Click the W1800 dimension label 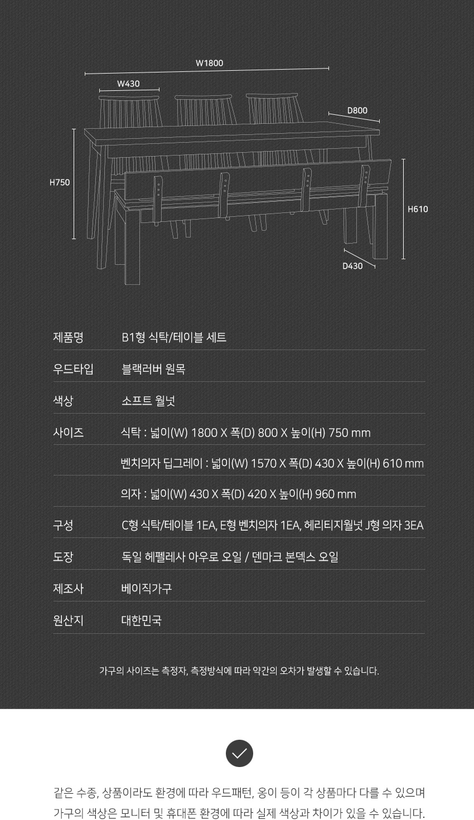(209, 63)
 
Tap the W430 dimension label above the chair (128, 84)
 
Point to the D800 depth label (357, 110)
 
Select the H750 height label (59, 182)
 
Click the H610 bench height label (418, 209)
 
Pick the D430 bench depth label (352, 266)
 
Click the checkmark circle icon (239, 753)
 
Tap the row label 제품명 (68, 337)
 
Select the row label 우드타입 (73, 369)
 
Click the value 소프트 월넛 (148, 401)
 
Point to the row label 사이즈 (68, 433)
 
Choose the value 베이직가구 (147, 589)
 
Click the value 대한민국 (142, 620)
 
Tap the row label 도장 (63, 557)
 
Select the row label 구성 (63, 526)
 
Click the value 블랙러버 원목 (153, 369)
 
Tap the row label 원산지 (68, 620)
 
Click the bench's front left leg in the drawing (132, 245)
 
